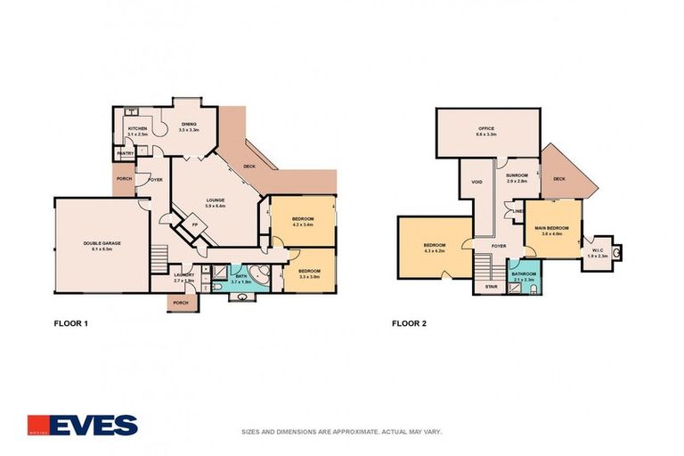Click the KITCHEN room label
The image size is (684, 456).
pyautogui.click(x=137, y=129)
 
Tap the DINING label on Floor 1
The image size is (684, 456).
pyautogui.click(x=188, y=124)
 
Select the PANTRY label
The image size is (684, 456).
pyautogui.click(x=124, y=154)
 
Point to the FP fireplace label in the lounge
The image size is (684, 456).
pyautogui.click(x=195, y=224)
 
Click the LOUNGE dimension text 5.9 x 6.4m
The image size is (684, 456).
pyautogui.click(x=214, y=206)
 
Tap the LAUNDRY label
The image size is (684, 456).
pyautogui.click(x=184, y=274)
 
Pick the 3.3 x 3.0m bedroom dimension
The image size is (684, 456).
pyautogui.click(x=309, y=274)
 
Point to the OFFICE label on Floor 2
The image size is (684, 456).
pyautogui.click(x=486, y=129)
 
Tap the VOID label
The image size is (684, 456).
pyautogui.click(x=476, y=182)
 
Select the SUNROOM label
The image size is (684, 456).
pyautogui.click(x=517, y=175)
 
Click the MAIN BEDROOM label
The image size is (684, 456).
pyautogui.click(x=554, y=229)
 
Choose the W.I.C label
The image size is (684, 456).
pyautogui.click(x=597, y=250)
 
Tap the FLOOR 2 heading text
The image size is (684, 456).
pyautogui.click(x=409, y=324)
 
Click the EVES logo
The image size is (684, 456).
pyautogui.click(x=82, y=424)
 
